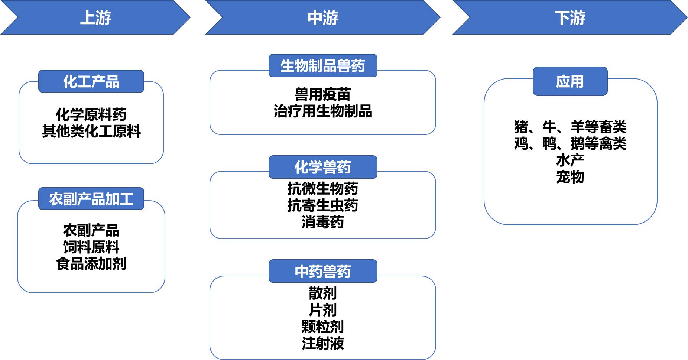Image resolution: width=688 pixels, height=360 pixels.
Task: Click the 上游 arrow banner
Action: (x=95, y=17)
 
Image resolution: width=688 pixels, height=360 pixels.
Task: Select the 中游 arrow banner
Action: (x=323, y=17)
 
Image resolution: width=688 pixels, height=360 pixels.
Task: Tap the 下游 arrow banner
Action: (x=570, y=17)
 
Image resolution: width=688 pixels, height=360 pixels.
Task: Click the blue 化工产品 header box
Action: (x=91, y=81)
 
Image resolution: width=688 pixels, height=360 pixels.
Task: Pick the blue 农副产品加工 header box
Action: (x=91, y=199)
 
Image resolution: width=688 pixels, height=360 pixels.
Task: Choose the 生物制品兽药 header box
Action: (x=323, y=66)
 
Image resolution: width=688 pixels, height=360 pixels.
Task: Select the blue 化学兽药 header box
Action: (x=323, y=167)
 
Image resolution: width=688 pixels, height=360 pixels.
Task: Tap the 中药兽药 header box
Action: (x=323, y=271)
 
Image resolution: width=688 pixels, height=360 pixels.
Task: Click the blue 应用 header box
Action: (x=570, y=81)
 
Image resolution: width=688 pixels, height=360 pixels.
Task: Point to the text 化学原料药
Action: (x=91, y=114)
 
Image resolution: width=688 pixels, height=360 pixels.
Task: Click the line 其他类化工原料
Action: (x=91, y=131)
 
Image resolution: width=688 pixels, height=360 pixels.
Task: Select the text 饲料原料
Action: (x=91, y=247)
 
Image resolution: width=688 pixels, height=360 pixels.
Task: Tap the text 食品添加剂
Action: (x=91, y=264)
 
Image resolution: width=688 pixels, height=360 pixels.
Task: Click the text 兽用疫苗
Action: (x=322, y=94)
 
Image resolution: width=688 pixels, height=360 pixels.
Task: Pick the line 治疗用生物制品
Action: (x=322, y=111)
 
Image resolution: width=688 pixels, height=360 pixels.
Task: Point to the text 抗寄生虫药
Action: (x=322, y=205)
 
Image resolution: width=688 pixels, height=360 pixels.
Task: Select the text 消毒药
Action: (x=322, y=222)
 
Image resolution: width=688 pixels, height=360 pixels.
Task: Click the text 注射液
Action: (x=322, y=343)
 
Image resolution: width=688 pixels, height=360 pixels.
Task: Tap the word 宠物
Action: (x=570, y=177)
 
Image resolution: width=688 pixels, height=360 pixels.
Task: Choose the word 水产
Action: (x=570, y=160)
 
